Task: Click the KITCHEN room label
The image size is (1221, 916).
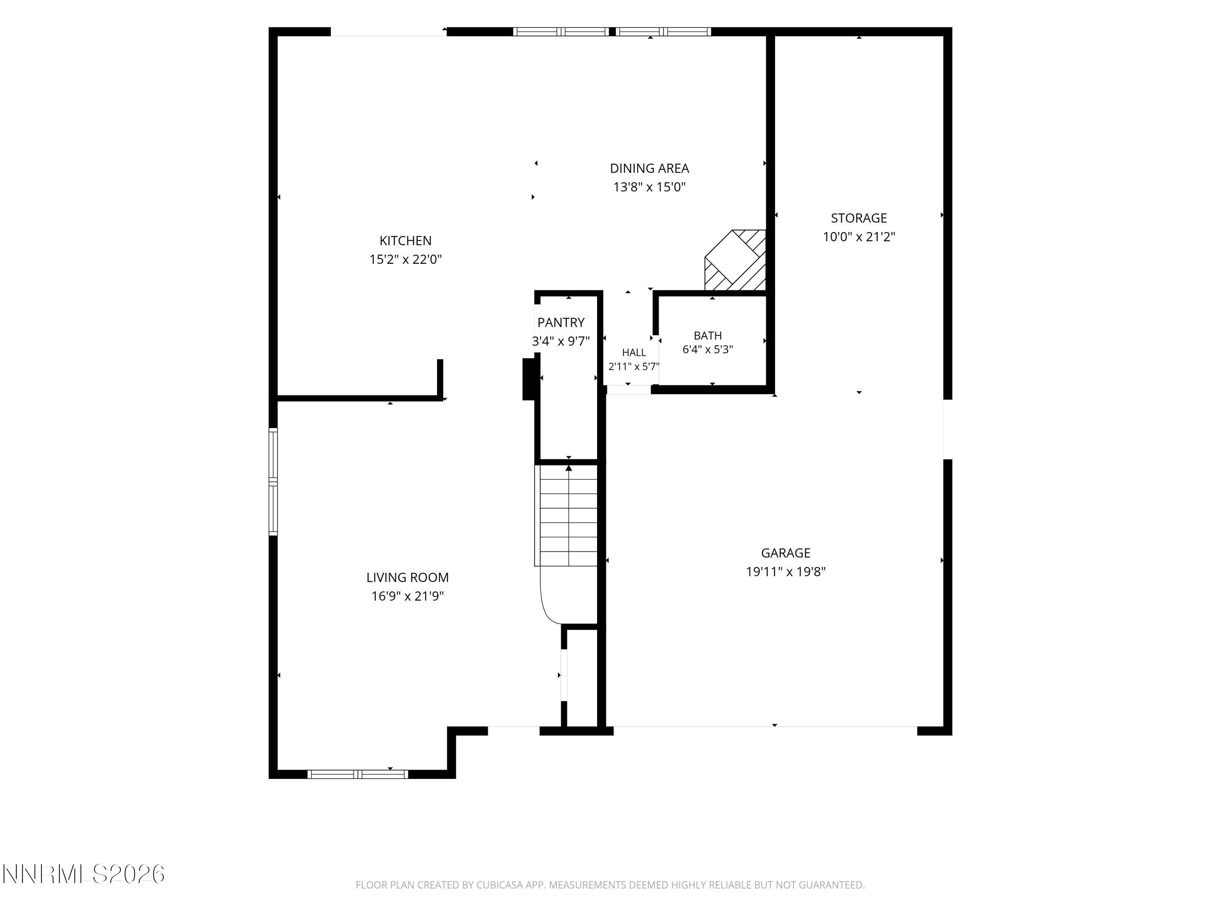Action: (x=405, y=241)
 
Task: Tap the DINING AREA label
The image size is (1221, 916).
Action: (x=649, y=169)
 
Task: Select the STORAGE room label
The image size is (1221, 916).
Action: (x=859, y=218)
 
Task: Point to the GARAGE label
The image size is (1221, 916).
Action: (x=786, y=553)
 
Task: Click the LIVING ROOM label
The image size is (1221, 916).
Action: (x=407, y=578)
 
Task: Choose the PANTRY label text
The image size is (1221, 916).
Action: (x=561, y=322)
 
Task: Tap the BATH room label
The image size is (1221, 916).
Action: (x=708, y=336)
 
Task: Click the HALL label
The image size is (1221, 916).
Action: (x=634, y=352)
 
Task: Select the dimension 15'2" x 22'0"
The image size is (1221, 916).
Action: (x=405, y=259)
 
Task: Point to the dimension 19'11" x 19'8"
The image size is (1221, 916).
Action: (x=786, y=572)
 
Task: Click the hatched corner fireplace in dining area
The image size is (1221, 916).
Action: (x=736, y=260)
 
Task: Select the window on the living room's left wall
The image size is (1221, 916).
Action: (x=273, y=482)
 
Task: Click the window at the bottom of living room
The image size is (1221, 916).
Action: (x=358, y=774)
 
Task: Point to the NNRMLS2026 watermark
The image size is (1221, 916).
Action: (x=84, y=874)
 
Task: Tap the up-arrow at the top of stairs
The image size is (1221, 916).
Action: (x=569, y=469)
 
